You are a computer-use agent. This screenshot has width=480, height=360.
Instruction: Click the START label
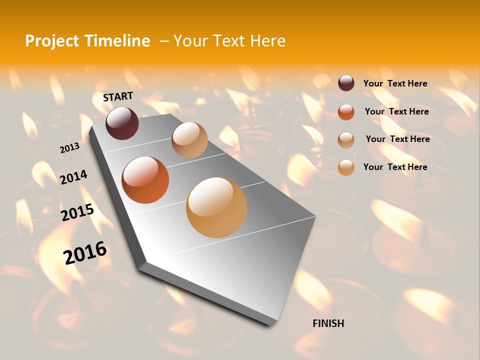coord(118,96)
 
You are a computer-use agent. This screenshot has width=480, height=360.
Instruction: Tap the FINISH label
coord(328,323)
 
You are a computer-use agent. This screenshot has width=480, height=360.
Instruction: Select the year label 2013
coord(69,148)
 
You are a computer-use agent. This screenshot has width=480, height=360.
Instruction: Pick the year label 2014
coord(73,177)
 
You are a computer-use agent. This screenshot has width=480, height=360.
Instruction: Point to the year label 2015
coord(77,212)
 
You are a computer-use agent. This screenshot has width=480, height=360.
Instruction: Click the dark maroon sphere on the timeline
coord(122,123)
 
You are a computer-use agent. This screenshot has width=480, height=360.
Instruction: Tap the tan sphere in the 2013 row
coord(189,140)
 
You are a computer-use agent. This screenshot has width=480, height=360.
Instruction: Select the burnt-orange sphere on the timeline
coord(145,180)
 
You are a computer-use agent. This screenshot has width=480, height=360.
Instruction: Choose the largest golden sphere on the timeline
coord(216,207)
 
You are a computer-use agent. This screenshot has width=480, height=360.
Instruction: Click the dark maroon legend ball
coord(346,83)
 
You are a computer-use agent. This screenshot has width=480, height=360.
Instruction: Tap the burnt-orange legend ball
coord(346,111)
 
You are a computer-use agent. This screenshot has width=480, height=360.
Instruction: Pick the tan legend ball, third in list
coord(346,139)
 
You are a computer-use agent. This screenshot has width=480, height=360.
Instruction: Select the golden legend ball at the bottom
coord(346,167)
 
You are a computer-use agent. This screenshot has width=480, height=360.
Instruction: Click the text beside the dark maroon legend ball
coord(395,83)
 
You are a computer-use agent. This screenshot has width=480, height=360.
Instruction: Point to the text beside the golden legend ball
coord(395,167)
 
